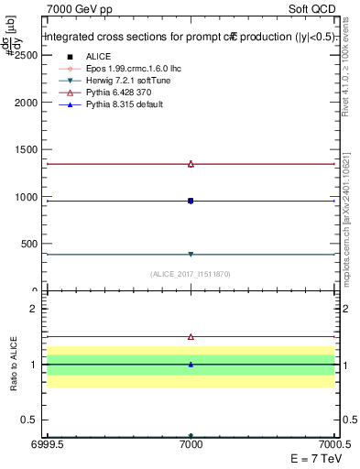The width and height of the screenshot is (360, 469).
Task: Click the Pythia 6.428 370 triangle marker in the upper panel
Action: (191, 164)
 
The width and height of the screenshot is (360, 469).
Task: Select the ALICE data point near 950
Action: (191, 201)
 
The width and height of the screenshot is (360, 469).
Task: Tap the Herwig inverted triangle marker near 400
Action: (191, 254)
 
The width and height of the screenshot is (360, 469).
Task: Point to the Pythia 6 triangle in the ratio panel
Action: (191, 337)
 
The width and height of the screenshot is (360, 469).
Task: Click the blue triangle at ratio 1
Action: (191, 365)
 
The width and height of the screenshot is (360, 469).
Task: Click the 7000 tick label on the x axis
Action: (191, 446)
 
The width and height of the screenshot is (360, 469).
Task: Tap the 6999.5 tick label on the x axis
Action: (46, 446)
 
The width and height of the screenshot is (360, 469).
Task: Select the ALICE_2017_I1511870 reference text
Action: (190, 274)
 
